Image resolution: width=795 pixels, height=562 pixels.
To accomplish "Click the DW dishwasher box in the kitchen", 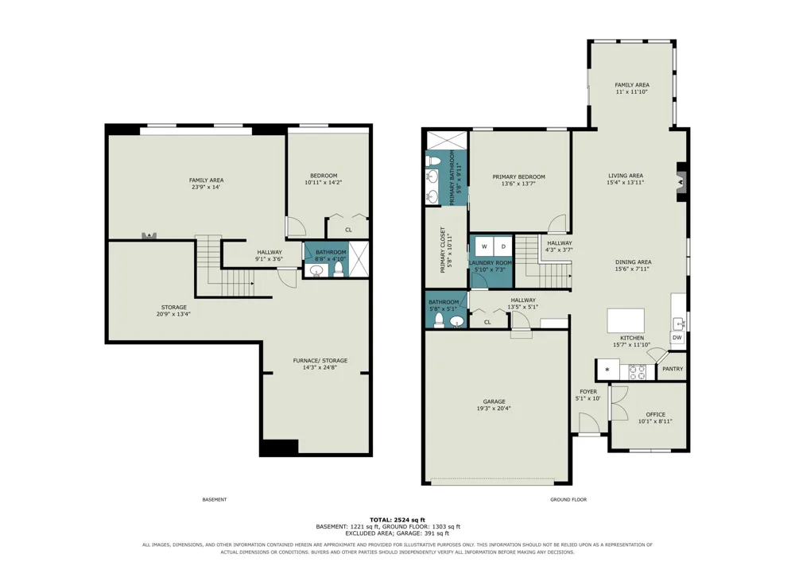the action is click(x=677, y=338).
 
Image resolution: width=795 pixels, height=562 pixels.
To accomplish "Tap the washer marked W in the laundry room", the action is click(x=484, y=246).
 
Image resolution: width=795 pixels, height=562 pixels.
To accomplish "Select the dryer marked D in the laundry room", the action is click(x=503, y=246).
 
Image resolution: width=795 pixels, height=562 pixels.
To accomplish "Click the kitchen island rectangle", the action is click(x=626, y=320).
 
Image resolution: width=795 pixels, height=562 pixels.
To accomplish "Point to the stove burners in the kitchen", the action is click(x=638, y=372).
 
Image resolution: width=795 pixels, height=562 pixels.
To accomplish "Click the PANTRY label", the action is click(x=673, y=369).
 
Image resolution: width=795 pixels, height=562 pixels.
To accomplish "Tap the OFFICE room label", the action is click(x=656, y=414).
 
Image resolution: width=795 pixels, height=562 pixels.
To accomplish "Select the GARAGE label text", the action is click(x=494, y=401).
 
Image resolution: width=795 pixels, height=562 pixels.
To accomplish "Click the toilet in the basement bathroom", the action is click(x=339, y=270).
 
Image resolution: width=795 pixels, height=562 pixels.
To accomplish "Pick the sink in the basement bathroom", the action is click(x=317, y=271).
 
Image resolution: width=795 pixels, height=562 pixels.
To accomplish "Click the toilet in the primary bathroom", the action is click(x=433, y=161).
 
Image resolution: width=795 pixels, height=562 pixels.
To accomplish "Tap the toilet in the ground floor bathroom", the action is click(x=439, y=321).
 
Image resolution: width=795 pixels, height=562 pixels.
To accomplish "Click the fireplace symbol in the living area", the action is click(x=682, y=181).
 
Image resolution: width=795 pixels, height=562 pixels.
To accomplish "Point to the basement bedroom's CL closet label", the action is click(x=348, y=230).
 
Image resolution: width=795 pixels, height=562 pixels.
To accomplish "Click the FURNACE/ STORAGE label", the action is click(x=320, y=360).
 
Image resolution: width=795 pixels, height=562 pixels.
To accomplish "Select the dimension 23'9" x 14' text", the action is click(x=206, y=187).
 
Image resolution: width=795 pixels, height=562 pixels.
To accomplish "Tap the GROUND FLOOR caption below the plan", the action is click(x=568, y=500).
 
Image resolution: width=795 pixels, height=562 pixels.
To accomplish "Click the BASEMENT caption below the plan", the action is click(x=215, y=500).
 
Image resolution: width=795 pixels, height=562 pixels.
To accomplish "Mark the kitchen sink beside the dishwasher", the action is click(x=678, y=322).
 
